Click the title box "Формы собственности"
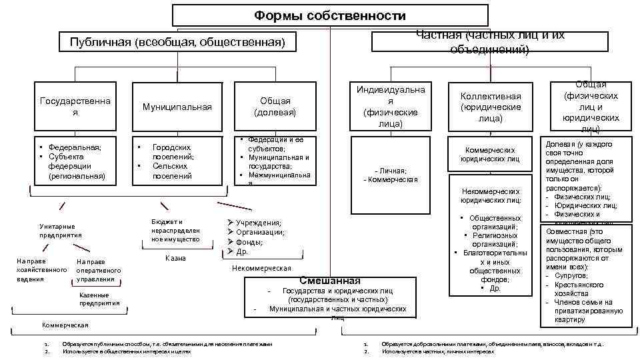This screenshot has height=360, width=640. tap(330, 15)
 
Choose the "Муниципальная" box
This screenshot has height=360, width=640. tap(176, 107)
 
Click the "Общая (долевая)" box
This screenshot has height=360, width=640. tap(275, 107)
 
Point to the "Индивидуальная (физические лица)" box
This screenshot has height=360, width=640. tap(391, 106)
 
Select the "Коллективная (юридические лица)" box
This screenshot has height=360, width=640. tap(491, 107)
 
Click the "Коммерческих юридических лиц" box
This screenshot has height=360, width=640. tap(491, 155)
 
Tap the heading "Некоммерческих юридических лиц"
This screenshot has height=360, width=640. tap(490, 195)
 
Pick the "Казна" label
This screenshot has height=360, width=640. tap(175, 258)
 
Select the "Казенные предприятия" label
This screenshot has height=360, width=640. tap(99, 299)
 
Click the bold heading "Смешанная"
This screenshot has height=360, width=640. tap(330, 281)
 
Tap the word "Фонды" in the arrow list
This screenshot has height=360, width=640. tap(249, 242)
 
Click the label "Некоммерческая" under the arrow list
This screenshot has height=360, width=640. tap(261, 268)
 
